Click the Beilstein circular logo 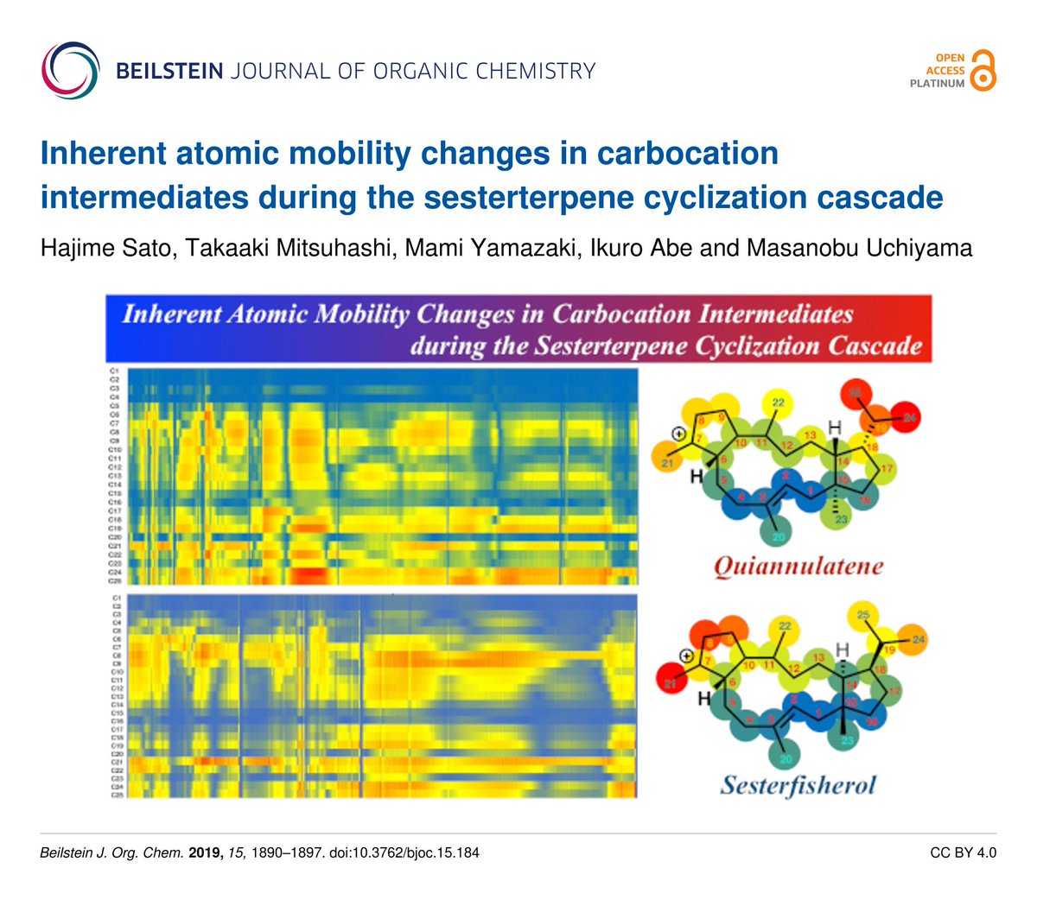(70, 70)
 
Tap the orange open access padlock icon (983, 71)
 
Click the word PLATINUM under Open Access (937, 84)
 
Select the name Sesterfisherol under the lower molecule (798, 785)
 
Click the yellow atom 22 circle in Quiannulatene (777, 402)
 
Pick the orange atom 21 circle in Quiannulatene (666, 464)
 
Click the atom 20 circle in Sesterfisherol (785, 758)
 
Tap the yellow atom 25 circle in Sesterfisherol (862, 615)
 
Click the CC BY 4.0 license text (963, 853)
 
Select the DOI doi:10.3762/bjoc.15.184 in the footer (404, 853)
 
